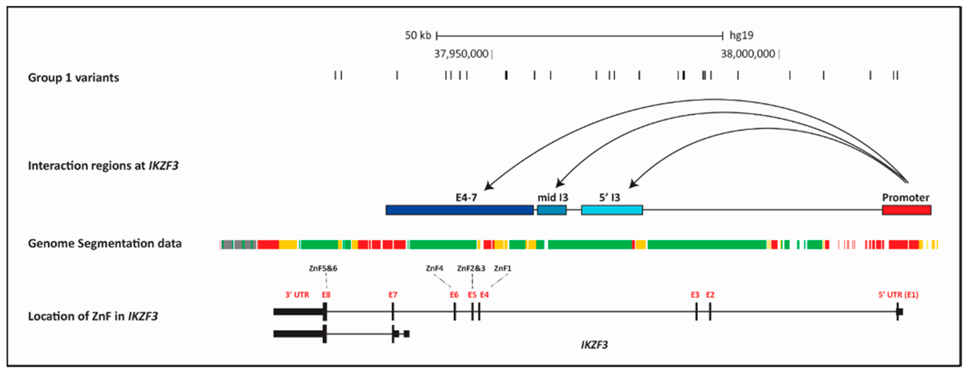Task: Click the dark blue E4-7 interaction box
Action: click(460, 210)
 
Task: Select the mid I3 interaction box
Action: click(552, 210)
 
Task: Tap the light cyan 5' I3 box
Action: click(612, 210)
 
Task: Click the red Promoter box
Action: click(906, 210)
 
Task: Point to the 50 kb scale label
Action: click(418, 35)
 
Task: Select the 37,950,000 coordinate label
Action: click(461, 54)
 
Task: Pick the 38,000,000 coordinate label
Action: click(748, 54)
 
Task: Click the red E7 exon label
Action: click(393, 295)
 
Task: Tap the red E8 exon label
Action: click(326, 295)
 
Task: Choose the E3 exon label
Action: click(695, 295)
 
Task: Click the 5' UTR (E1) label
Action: click(898, 295)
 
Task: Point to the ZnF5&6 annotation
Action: click(323, 268)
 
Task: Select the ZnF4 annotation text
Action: click(434, 268)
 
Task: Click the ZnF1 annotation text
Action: click(503, 268)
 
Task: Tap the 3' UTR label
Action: click(297, 295)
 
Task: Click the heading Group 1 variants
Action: click(73, 78)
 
